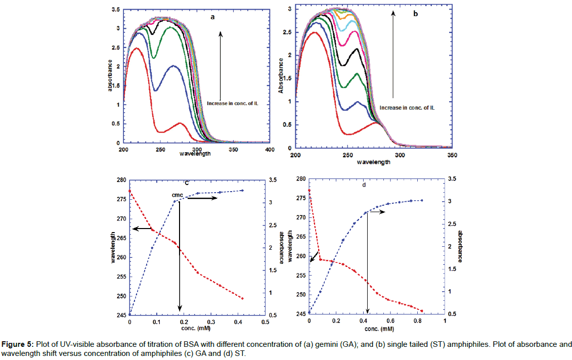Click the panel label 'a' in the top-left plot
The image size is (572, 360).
[213, 17]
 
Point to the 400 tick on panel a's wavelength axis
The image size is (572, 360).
[270, 150]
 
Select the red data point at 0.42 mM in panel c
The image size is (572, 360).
[243, 298]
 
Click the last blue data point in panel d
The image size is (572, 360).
[422, 201]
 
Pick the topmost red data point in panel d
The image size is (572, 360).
[309, 191]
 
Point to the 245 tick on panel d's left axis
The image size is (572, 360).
[300, 314]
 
